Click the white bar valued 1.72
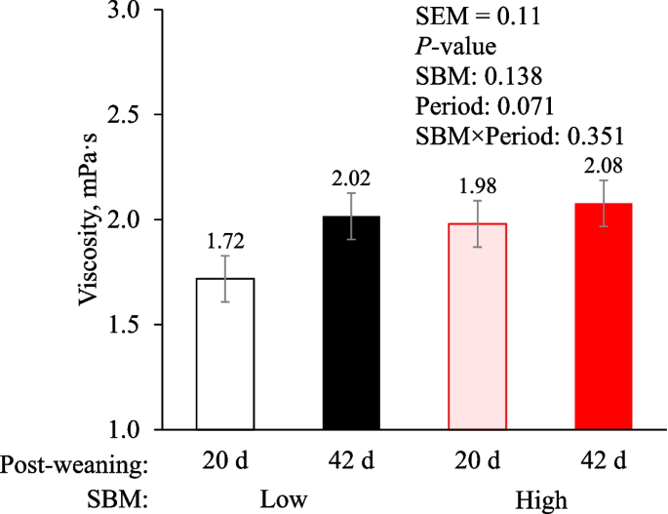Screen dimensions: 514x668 225,353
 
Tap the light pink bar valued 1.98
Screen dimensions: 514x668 477,327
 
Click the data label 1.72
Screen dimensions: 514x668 225,238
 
